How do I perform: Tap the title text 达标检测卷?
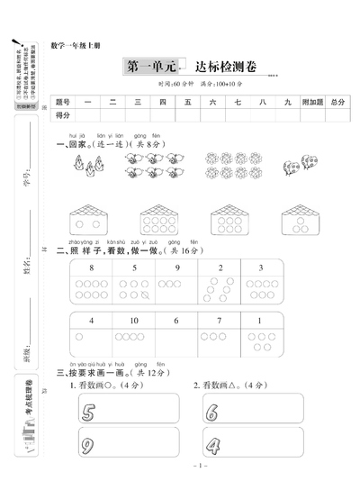click(x=219, y=67)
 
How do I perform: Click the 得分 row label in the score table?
click(x=63, y=116)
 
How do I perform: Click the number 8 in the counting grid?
click(x=91, y=268)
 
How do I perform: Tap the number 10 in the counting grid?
click(x=133, y=321)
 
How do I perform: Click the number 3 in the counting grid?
click(x=261, y=268)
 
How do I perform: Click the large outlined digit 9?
click(x=88, y=445)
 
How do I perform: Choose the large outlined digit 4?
click(x=212, y=445)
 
